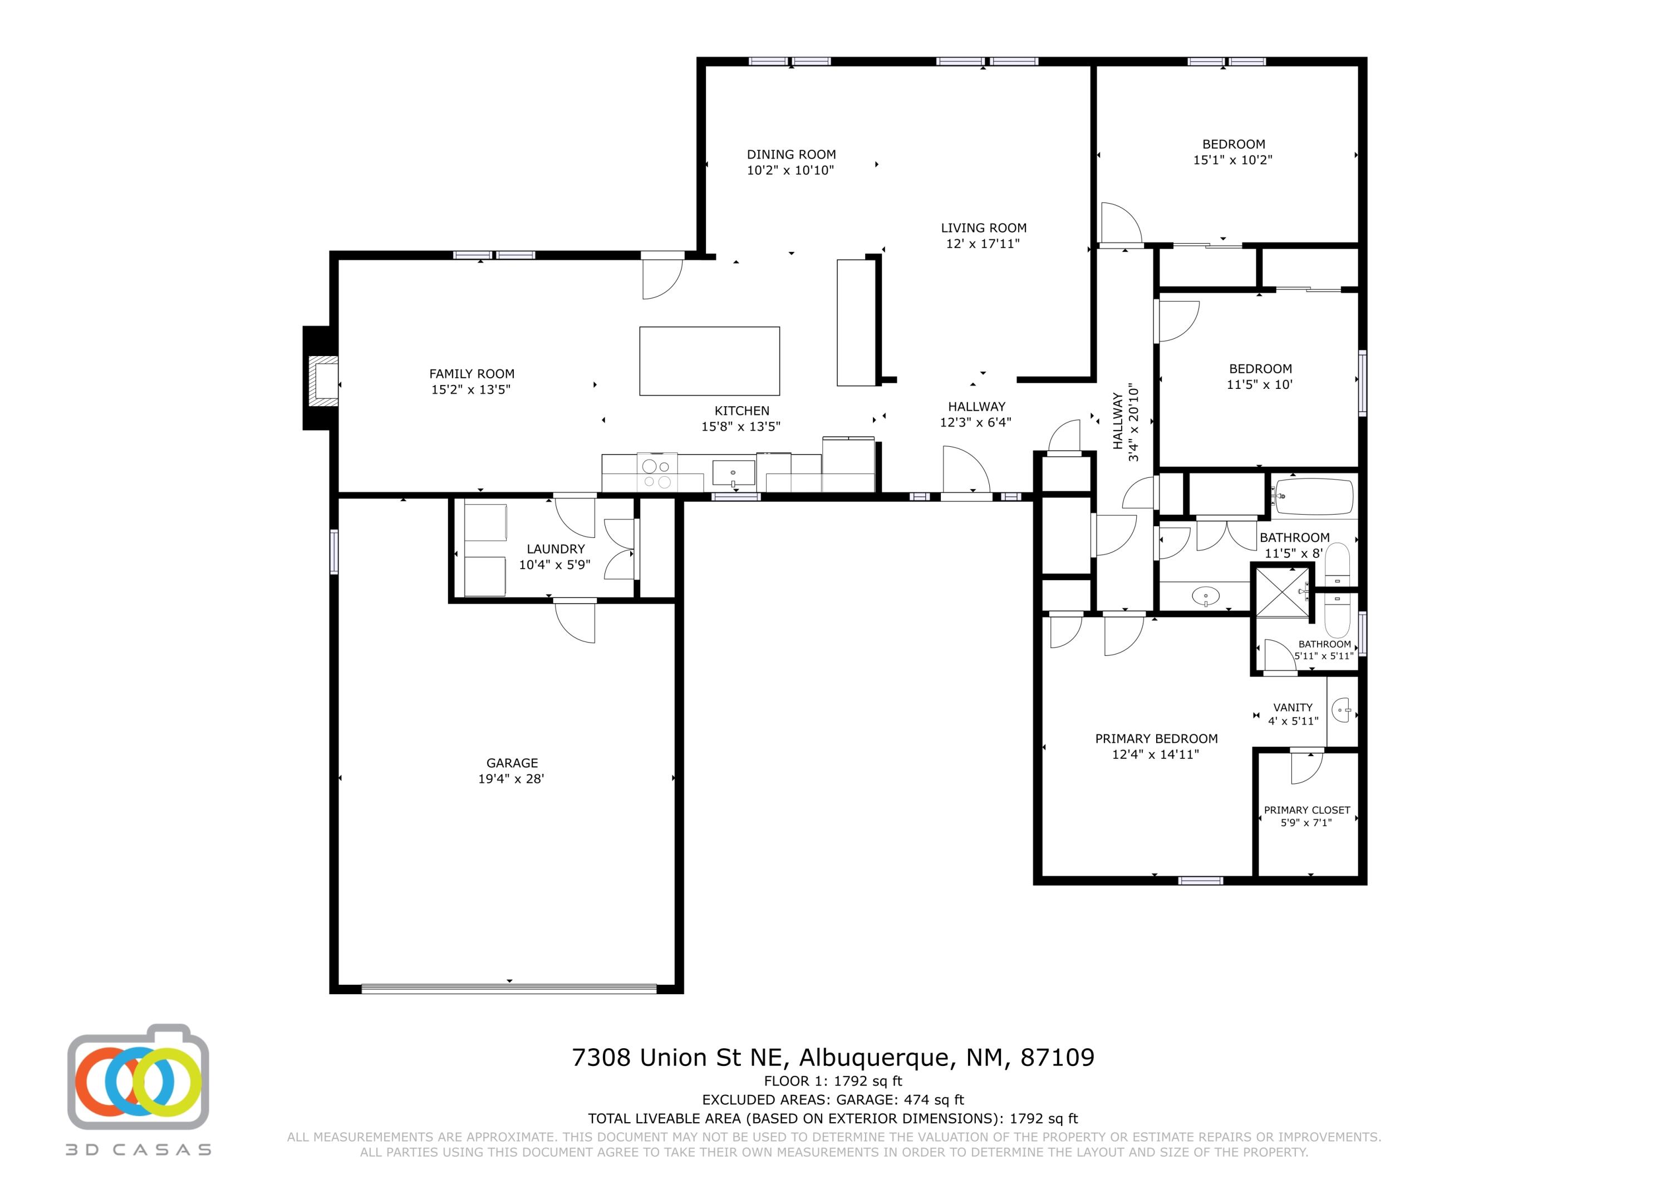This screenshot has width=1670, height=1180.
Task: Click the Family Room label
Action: click(x=471, y=374)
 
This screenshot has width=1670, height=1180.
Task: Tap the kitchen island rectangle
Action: click(x=709, y=361)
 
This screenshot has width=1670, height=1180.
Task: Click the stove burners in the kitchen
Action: click(x=657, y=473)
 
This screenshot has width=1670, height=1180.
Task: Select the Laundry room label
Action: click(x=556, y=549)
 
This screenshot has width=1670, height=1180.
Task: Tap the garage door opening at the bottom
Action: click(x=509, y=988)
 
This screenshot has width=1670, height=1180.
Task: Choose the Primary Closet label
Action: click(x=1307, y=810)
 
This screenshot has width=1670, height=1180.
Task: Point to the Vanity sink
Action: click(x=1342, y=709)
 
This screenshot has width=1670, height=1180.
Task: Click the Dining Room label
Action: click(x=792, y=154)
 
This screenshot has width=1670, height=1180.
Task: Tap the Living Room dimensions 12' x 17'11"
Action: click(x=983, y=244)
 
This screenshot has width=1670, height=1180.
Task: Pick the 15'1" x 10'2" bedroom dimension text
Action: click(x=1233, y=160)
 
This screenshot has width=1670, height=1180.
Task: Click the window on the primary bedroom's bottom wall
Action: click(x=1200, y=881)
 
